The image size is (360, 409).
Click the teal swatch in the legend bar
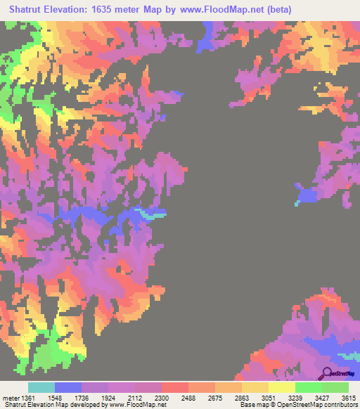click(41, 387)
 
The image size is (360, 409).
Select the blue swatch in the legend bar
click(67, 387)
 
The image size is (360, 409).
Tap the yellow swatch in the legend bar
click(281, 387)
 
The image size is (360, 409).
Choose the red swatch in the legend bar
click(174, 387)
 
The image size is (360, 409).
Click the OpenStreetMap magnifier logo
click(328, 372)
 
